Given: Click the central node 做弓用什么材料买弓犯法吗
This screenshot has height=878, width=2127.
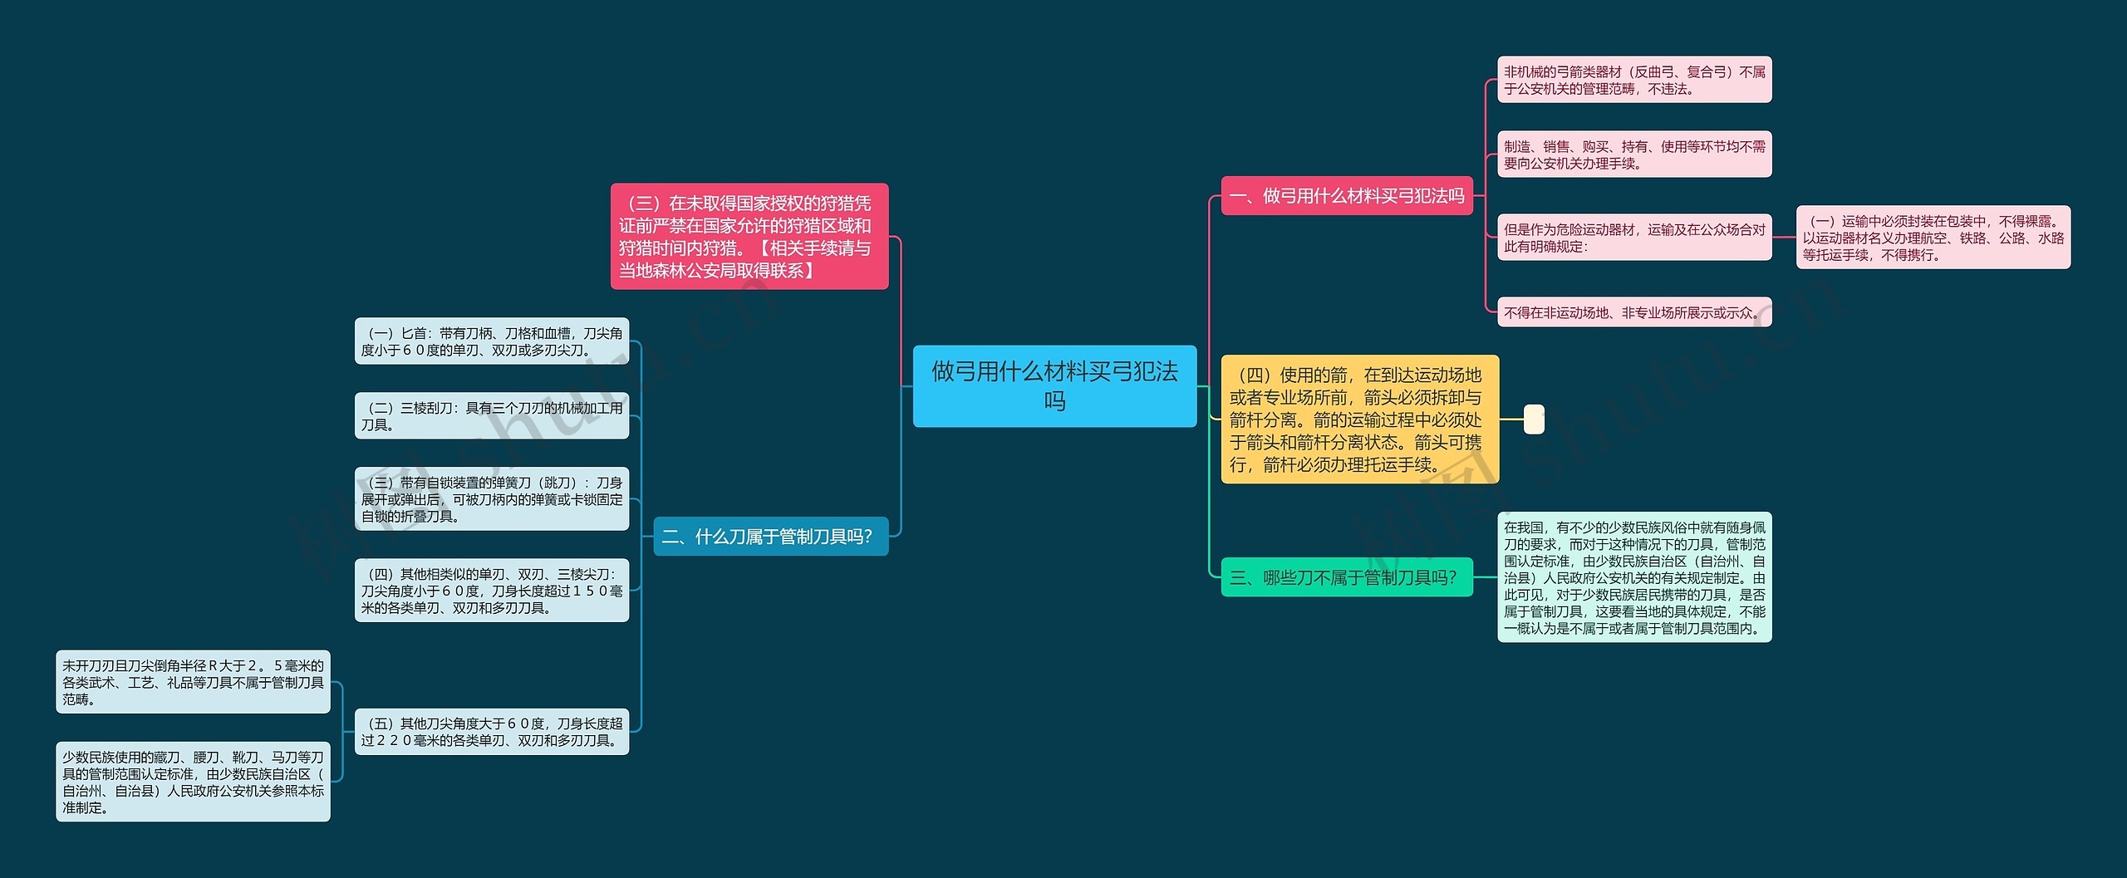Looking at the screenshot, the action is (x=1054, y=386).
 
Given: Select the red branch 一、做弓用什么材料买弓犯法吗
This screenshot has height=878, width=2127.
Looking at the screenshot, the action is (x=1346, y=196).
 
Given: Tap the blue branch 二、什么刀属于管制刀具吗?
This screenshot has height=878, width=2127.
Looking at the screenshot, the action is (x=770, y=537).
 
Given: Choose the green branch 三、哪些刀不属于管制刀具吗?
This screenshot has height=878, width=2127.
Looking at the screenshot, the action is (x=1346, y=577).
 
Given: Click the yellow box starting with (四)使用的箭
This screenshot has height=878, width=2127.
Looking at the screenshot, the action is (x=1359, y=419).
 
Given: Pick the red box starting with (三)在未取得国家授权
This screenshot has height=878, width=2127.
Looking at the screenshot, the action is (x=749, y=237).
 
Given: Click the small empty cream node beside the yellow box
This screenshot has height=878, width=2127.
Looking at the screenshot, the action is (x=1534, y=419).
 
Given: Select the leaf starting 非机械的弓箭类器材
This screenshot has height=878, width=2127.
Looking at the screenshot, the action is (x=1633, y=80).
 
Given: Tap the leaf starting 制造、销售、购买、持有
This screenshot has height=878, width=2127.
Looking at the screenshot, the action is (x=1633, y=155).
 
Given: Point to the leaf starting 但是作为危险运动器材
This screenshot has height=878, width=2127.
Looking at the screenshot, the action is (x=1633, y=238).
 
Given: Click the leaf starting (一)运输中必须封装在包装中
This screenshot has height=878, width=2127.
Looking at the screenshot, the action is (x=1933, y=238).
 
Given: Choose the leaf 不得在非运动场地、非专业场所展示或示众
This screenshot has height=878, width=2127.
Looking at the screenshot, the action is (x=1633, y=312).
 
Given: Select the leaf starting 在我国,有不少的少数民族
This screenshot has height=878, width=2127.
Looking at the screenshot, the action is (x=1633, y=577).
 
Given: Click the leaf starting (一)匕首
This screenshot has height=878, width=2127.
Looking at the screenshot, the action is (x=491, y=341).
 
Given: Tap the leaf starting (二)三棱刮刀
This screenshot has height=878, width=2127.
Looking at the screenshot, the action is (x=491, y=416).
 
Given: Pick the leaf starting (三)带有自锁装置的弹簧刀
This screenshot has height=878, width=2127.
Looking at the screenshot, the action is (x=491, y=499).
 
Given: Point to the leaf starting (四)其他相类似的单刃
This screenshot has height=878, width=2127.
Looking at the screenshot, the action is (x=491, y=591).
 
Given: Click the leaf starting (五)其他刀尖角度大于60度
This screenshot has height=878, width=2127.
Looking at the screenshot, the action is (x=491, y=732).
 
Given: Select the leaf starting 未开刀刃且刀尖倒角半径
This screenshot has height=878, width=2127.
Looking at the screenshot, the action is (x=193, y=682).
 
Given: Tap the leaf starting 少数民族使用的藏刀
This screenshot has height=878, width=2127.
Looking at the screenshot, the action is (x=193, y=782).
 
